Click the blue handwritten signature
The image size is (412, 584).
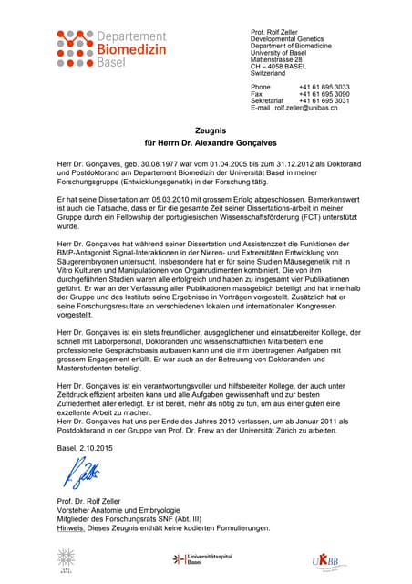point(80,473)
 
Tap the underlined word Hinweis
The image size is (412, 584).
point(72,527)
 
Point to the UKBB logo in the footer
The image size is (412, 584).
point(327,558)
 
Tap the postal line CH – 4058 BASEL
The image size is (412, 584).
point(284,67)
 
